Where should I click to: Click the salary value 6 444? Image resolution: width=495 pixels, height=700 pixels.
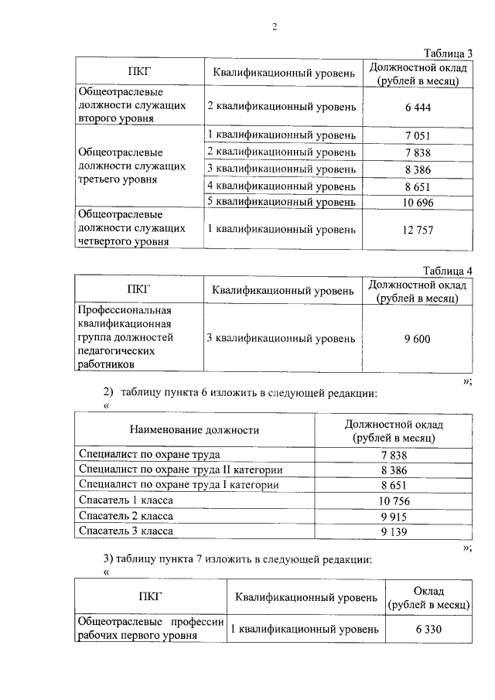tap(417, 106)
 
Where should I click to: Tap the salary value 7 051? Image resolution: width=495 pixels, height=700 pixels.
tap(417, 136)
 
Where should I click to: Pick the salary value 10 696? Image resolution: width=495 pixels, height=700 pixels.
tap(417, 203)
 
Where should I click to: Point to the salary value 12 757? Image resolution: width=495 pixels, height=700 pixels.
tap(417, 230)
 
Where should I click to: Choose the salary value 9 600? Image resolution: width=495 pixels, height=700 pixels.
tap(417, 339)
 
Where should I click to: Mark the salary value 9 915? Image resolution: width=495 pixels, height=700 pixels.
tap(394, 517)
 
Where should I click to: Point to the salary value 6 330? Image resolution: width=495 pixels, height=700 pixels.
tap(428, 629)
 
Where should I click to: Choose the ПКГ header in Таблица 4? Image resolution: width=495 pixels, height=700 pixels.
tap(138, 290)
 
